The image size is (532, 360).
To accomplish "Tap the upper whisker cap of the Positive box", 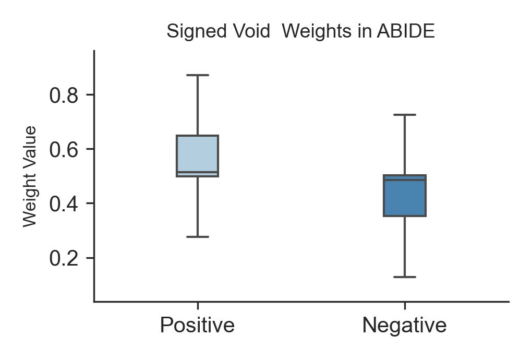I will pyautogui.click(x=198, y=75).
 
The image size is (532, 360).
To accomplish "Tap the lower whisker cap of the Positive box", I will pyautogui.click(x=198, y=237).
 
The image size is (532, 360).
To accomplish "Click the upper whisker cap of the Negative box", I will pyautogui.click(x=405, y=115).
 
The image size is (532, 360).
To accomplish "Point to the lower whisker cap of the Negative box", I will pyautogui.click(x=405, y=277).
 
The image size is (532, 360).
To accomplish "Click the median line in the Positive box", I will pyautogui.click(x=197, y=172).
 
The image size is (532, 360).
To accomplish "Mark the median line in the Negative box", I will pyautogui.click(x=405, y=180).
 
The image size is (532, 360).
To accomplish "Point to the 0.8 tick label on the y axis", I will pyautogui.click(x=64, y=95).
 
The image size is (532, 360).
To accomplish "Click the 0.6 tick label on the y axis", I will pyautogui.click(x=64, y=150).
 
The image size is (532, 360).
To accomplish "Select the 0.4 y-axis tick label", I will pyautogui.click(x=64, y=204).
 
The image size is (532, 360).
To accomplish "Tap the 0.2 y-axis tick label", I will pyautogui.click(x=64, y=258).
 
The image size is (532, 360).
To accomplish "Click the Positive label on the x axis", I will pyautogui.click(x=197, y=325).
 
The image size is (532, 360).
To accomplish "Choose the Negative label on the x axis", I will pyautogui.click(x=404, y=325).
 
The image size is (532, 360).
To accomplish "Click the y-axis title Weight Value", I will pyautogui.click(x=30, y=176).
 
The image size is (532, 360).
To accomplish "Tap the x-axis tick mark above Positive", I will pyautogui.click(x=198, y=306).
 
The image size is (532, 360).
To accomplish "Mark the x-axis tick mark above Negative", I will pyautogui.click(x=405, y=306).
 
